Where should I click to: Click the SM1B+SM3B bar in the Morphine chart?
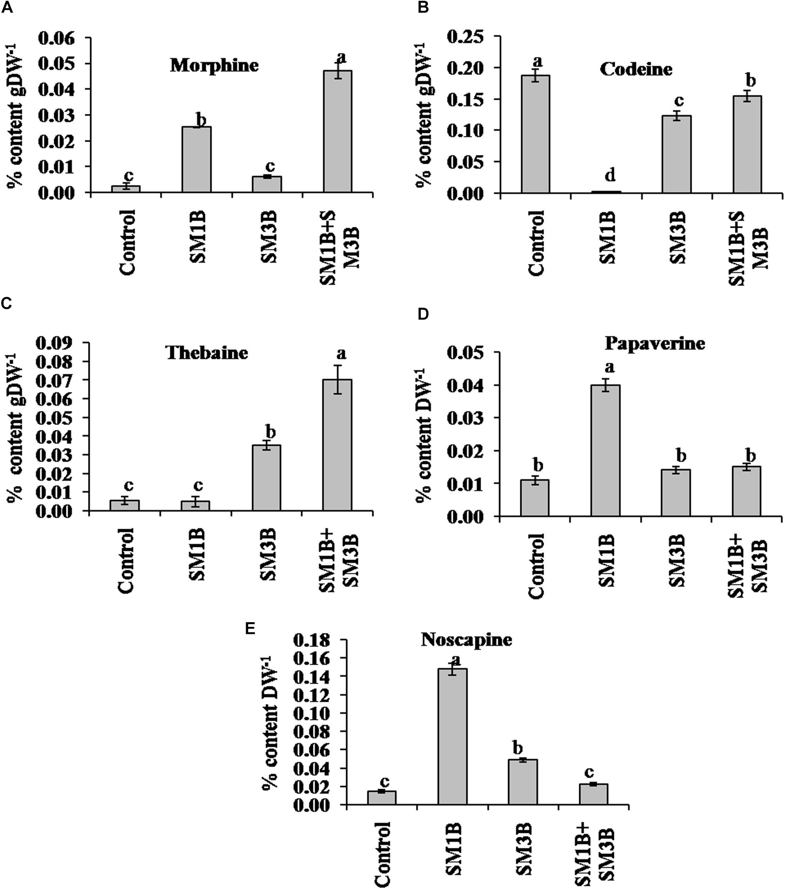(337, 132)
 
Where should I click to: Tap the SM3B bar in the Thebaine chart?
(266, 478)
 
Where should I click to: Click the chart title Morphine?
(214, 66)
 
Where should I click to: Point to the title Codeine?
(636, 70)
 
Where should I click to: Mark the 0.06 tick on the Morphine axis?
(62, 38)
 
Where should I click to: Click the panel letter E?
(250, 629)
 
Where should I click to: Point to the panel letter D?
(423, 314)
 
